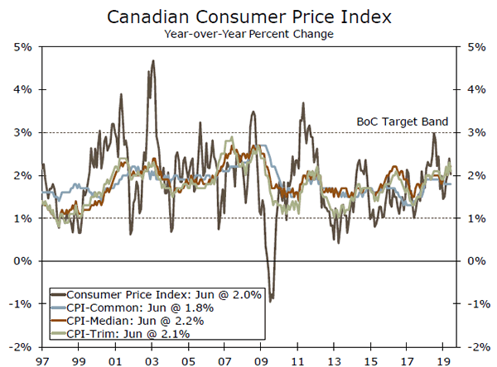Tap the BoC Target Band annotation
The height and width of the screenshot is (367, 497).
tap(402, 122)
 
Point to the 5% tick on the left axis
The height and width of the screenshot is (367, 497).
tap(22, 46)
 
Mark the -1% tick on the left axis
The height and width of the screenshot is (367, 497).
tap(22, 304)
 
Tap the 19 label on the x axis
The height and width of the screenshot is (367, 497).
tap(444, 360)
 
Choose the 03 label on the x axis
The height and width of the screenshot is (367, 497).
tap(153, 360)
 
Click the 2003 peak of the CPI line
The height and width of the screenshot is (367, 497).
tap(153, 61)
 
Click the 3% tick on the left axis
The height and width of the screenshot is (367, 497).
tap(22, 132)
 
